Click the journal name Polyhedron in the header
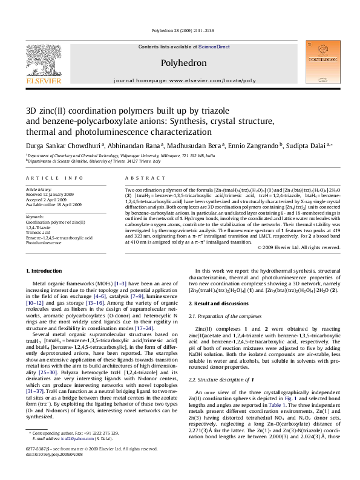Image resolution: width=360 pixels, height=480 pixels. pos(180,62)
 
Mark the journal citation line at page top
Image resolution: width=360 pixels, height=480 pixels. pos(180,29)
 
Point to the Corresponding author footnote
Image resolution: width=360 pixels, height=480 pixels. pos(85,451)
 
